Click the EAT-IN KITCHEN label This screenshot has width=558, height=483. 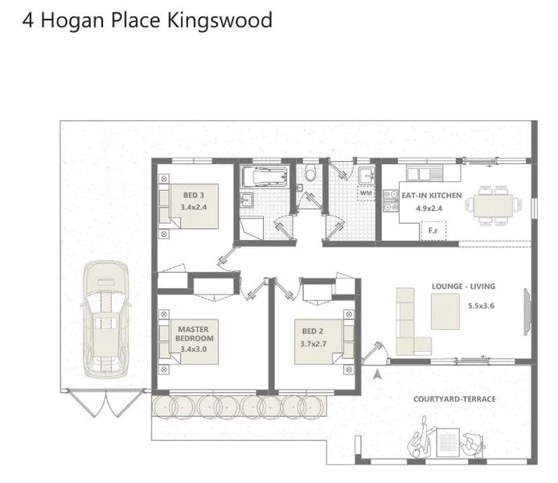pyautogui.click(x=432, y=196)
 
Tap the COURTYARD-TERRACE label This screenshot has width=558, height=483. pyautogui.click(x=454, y=398)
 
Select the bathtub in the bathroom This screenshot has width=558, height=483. pyautogui.click(x=263, y=177)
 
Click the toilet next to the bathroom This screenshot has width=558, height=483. pyautogui.click(x=310, y=173)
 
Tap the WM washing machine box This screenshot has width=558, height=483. pyautogui.click(x=366, y=193)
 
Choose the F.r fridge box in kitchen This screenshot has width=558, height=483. pyautogui.click(x=433, y=232)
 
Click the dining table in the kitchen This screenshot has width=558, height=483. pyautogui.click(x=491, y=204)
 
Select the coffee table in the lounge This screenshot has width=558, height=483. pyautogui.click(x=445, y=312)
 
